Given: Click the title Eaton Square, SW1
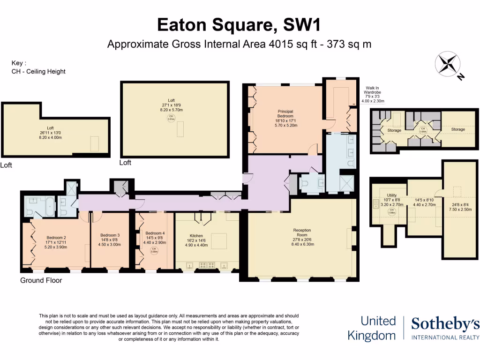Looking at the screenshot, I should [x=240, y=24].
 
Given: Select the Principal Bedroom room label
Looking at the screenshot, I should [x=285, y=113].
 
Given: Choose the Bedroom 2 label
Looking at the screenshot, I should [x=56, y=237].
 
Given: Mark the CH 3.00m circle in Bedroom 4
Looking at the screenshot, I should [x=154, y=251].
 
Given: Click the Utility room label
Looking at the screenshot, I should [x=392, y=195].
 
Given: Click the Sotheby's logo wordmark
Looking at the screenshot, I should [x=445, y=324].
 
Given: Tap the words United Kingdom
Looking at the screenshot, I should [x=372, y=328].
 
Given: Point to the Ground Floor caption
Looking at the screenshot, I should [x=41, y=280].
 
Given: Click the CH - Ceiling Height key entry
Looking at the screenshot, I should [x=38, y=72].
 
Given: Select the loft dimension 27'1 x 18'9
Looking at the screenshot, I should [x=171, y=106].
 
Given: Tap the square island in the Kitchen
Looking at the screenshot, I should [x=218, y=240].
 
